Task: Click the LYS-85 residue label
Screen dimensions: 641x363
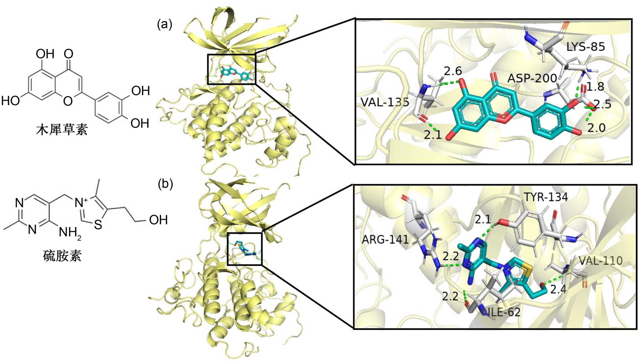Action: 586,47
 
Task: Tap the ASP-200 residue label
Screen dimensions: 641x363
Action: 532,78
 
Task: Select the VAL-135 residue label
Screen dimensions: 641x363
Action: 385,102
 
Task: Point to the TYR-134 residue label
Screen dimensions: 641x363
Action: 546,197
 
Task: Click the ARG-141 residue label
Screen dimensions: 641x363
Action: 385,239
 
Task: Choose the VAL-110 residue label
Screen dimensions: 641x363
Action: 601,261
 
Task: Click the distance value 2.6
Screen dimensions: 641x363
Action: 453,71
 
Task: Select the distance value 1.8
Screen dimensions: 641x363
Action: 595,87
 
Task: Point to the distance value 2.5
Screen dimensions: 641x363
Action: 603,104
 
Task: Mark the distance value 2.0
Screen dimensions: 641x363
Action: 596,128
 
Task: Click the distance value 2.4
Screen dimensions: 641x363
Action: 558,289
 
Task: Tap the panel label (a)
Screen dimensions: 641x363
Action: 165,24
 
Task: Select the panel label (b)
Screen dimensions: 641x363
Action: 165,184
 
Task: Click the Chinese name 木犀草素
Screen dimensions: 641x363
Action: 62,130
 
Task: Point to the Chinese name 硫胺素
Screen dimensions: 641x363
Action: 62,256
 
